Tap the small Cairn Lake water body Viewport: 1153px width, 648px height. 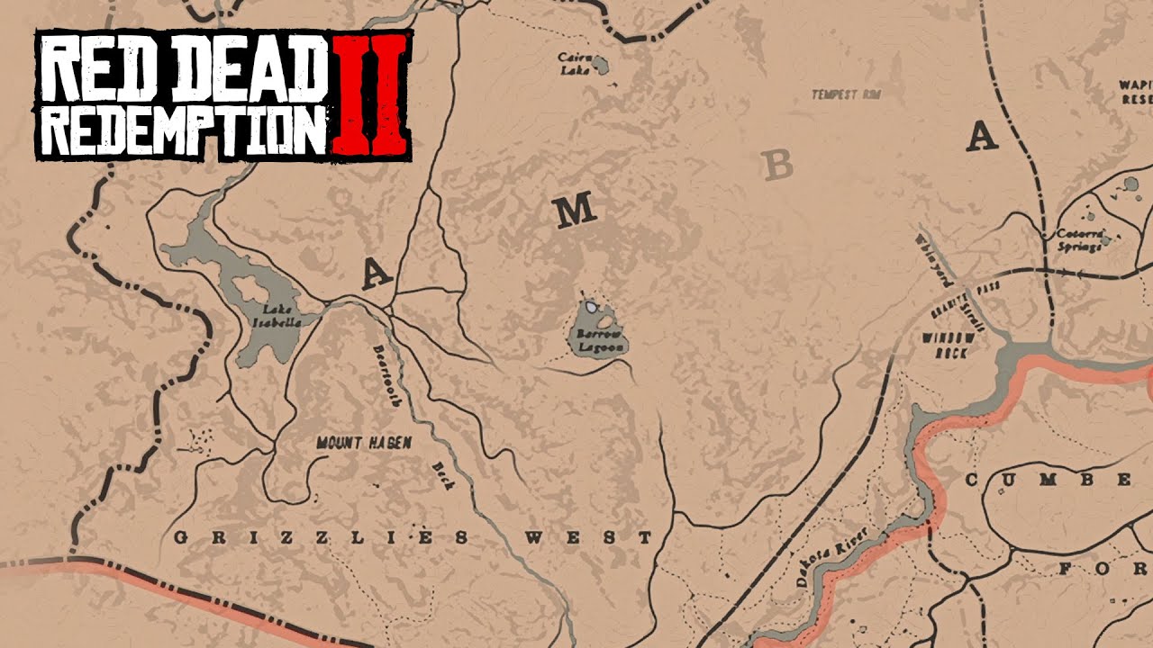pos(597,66)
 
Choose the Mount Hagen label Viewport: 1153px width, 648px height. pos(364,443)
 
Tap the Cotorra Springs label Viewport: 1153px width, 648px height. pos(1079,239)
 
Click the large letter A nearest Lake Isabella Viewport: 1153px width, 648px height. pos(377,273)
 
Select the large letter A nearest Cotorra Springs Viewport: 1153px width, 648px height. pos(982,137)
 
